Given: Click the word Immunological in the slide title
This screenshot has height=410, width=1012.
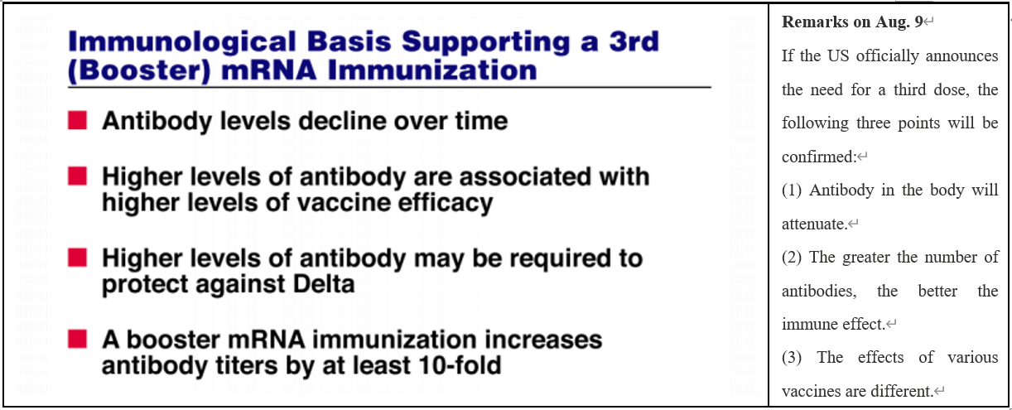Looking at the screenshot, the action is [182, 41].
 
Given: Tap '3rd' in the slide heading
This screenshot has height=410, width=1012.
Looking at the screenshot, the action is [634, 41].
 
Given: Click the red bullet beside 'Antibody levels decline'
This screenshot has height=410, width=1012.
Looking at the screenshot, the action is [77, 121].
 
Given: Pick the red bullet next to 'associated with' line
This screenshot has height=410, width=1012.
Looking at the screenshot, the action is [77, 176].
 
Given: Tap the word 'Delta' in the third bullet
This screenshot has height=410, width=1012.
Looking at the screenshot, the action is [324, 284].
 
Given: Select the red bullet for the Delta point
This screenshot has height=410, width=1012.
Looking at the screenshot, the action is [77, 258].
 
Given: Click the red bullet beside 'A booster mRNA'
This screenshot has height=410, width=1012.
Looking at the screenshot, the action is [77, 339].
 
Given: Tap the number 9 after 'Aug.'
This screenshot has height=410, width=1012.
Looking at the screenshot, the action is [918, 22].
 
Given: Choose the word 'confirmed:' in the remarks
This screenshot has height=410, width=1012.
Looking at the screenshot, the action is [819, 157].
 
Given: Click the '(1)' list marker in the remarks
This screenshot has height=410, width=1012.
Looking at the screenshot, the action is [792, 191].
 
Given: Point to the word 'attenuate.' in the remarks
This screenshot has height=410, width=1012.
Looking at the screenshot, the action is [815, 224].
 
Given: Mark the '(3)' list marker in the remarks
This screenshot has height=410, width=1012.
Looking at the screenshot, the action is [792, 358].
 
